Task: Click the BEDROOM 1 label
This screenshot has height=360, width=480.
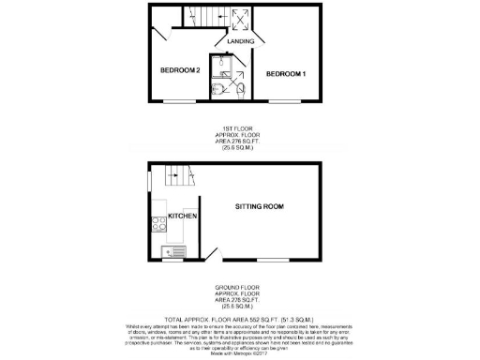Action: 285,72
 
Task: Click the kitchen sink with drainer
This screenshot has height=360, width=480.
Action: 174,250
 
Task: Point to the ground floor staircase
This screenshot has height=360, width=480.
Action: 172,174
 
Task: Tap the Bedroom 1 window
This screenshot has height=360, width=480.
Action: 286,100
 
